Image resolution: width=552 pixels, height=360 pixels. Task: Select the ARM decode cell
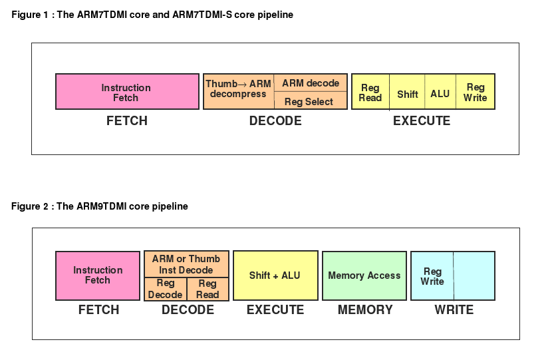pos(311,83)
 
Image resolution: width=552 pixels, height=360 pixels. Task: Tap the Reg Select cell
pos(311,101)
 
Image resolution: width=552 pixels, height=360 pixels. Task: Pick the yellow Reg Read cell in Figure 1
pos(370,92)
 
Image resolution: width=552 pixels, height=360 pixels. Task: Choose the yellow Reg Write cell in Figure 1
pos(476,92)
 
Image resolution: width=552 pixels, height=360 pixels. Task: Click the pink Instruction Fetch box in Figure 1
pos(126,92)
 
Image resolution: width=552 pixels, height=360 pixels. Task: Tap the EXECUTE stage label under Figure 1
pos(422,121)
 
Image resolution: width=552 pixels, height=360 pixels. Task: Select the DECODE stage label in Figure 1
pos(275,121)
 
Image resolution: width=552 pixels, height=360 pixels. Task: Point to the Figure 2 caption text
pos(100,206)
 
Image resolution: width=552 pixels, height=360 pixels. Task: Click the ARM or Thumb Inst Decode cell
pos(186,264)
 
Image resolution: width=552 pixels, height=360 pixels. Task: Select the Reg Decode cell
pos(165,289)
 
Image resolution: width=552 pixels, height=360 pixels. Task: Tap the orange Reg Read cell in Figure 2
pos(207,289)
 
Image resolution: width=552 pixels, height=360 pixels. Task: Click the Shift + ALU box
pos(275,275)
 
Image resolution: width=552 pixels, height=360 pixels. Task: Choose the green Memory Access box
pos(364,275)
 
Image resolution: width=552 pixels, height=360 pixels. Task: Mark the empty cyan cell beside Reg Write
pos(474,275)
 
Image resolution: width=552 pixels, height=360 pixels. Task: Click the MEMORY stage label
pos(365,310)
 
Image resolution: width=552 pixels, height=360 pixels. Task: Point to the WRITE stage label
pos(454,310)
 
